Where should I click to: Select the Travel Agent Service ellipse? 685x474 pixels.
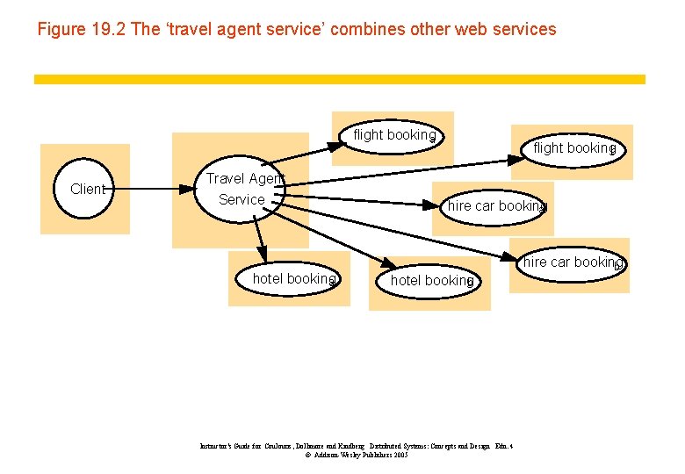241,189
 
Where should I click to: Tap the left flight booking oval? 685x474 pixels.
392,136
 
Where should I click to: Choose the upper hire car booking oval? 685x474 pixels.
495,206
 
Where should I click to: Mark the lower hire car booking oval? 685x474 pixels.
573,262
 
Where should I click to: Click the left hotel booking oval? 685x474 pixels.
292,279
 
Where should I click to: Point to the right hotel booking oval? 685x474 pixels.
430,281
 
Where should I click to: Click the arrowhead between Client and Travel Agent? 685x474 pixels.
185,188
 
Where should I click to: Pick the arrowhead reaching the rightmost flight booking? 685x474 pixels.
516,160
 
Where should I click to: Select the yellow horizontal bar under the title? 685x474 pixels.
339,79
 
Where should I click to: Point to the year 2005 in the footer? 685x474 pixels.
400,456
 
